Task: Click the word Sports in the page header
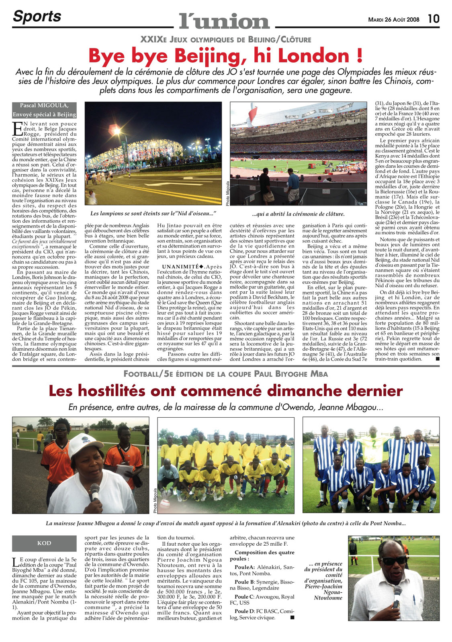[37, 16]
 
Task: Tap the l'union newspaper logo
[224, 20]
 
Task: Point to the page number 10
[433, 19]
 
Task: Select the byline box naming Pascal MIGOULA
[44, 110]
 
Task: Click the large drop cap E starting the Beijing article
[17, 129]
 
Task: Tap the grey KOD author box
[44, 543]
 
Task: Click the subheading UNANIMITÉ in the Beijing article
[180, 266]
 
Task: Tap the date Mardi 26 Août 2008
[394, 19]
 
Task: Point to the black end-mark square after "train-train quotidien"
[437, 359]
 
